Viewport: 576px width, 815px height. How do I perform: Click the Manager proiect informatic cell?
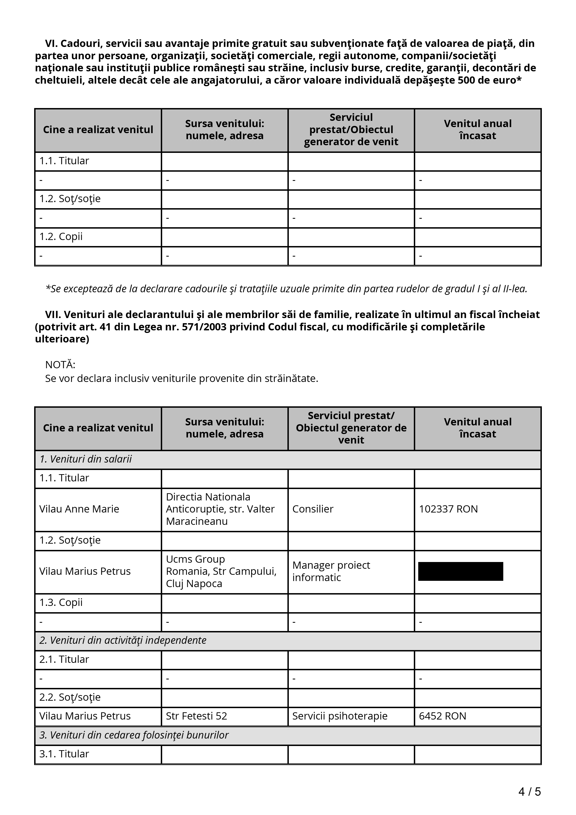(x=331, y=571)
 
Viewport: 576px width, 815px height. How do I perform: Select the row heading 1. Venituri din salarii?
(x=86, y=459)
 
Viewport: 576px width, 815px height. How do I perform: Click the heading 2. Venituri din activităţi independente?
(x=123, y=640)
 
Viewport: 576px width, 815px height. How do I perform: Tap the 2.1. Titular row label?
(x=64, y=659)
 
